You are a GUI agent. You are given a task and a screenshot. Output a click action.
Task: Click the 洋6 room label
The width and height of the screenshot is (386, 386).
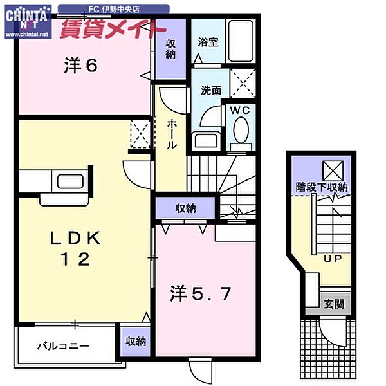pos(80,65)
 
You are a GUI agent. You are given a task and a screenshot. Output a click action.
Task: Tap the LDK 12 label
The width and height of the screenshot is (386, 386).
pos(75,248)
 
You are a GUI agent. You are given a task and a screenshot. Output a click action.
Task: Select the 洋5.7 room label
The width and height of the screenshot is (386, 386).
pos(199,294)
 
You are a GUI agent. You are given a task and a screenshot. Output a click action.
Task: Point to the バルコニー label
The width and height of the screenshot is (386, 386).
pos(62,345)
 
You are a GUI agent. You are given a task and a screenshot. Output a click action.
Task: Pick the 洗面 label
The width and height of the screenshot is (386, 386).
pos(209,91)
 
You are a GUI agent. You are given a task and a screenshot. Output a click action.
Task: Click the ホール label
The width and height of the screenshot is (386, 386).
pos(172,134)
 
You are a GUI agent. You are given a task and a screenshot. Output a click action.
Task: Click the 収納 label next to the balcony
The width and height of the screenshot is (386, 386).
pos(135,342)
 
